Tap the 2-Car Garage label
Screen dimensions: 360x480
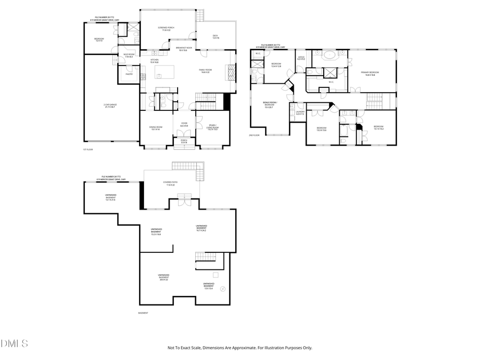click(110, 106)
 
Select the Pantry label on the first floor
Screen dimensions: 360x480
click(129, 74)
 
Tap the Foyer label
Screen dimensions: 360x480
click(184, 124)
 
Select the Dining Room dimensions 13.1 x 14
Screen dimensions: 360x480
click(156, 129)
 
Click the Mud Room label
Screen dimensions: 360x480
click(129, 55)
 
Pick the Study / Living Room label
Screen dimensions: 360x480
click(212, 127)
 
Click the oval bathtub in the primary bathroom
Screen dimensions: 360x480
click(328, 54)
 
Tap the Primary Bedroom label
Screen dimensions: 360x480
click(370, 73)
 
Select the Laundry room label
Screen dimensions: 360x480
click(300, 113)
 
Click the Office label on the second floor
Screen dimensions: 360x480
click(301, 58)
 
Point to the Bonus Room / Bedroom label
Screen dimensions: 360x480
click(270, 105)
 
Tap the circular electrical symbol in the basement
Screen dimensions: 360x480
click(222, 289)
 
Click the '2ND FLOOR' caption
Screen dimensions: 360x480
click(254, 135)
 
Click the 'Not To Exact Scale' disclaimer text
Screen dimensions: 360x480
click(239, 348)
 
